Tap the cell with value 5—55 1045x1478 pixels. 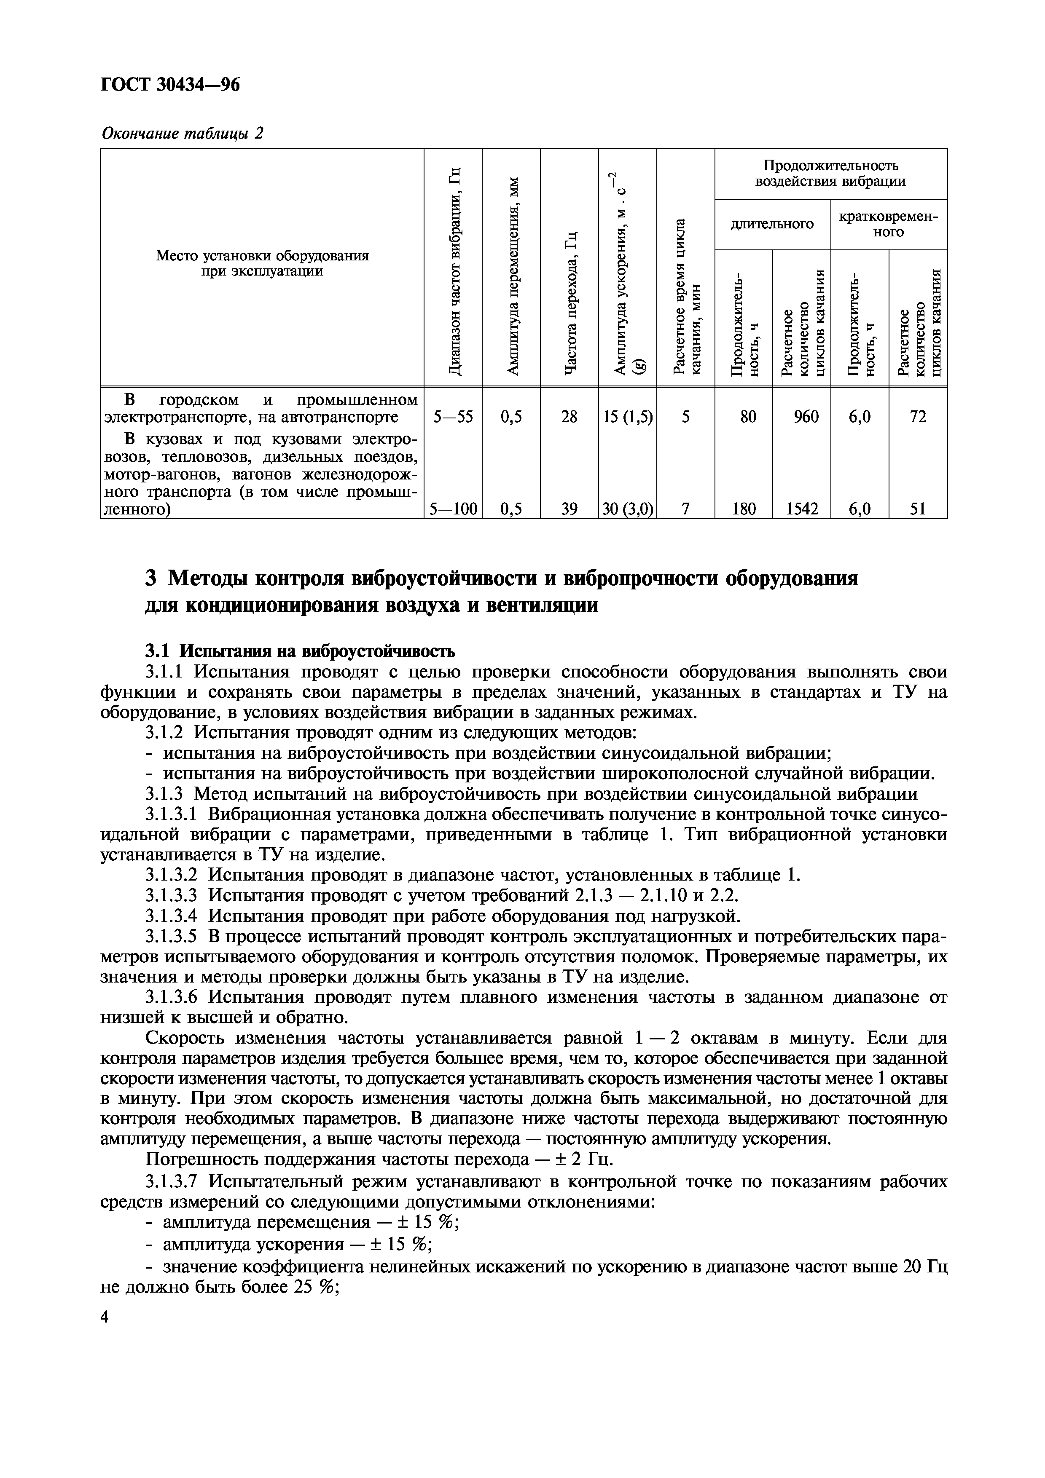coord(453,417)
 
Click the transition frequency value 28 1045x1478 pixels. coord(569,417)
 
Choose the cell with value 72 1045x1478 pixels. coord(918,417)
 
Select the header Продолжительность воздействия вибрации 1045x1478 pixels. coord(830,173)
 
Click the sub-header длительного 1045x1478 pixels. coord(772,224)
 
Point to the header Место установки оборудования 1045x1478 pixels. coord(262,256)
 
